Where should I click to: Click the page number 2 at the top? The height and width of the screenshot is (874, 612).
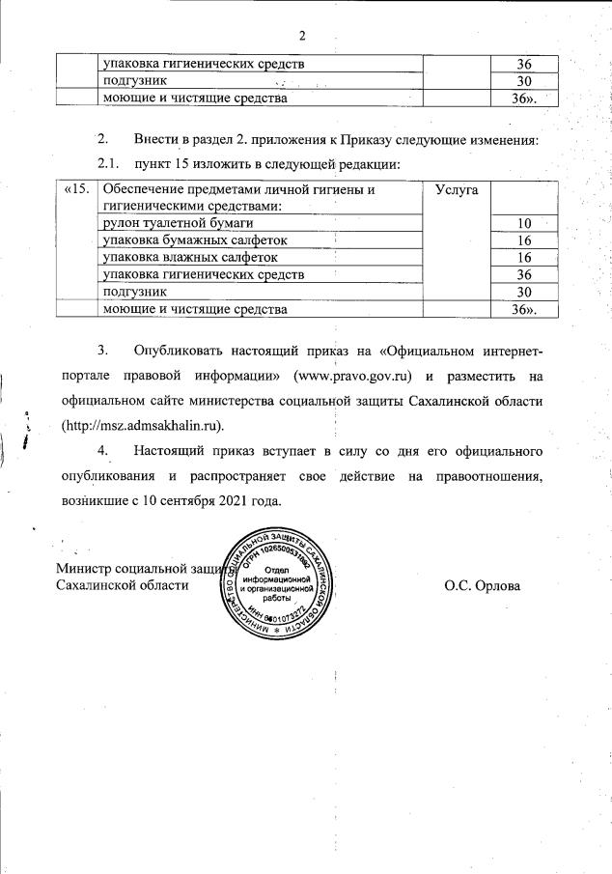point(302,37)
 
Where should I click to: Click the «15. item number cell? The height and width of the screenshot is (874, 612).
point(76,191)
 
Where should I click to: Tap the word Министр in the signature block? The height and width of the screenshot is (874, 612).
point(86,569)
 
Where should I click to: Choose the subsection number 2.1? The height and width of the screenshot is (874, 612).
point(111,164)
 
